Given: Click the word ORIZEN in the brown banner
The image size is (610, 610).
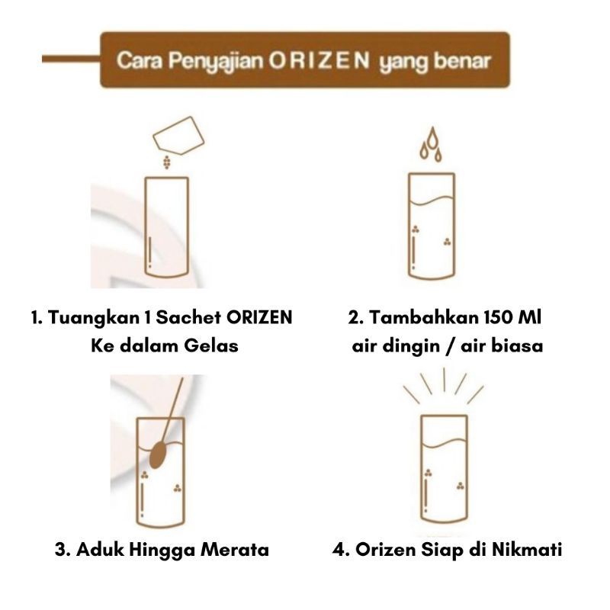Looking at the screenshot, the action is click(x=319, y=61).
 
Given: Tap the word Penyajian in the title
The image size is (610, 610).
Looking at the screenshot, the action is click(x=216, y=62).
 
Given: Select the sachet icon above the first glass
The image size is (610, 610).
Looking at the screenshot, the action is click(x=179, y=135).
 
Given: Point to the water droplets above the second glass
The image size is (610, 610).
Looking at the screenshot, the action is click(x=431, y=144).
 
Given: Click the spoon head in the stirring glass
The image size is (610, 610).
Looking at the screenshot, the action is click(x=158, y=454).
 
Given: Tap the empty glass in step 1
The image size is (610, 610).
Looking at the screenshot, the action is click(x=167, y=227).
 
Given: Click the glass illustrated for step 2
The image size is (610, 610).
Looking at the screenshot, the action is click(x=432, y=226).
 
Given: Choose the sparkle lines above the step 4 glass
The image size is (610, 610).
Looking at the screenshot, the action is click(x=444, y=386).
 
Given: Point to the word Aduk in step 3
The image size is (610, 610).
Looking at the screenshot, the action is click(x=100, y=550).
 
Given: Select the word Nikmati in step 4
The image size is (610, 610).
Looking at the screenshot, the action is click(x=527, y=550).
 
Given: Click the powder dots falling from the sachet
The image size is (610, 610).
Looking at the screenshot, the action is click(x=167, y=162).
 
